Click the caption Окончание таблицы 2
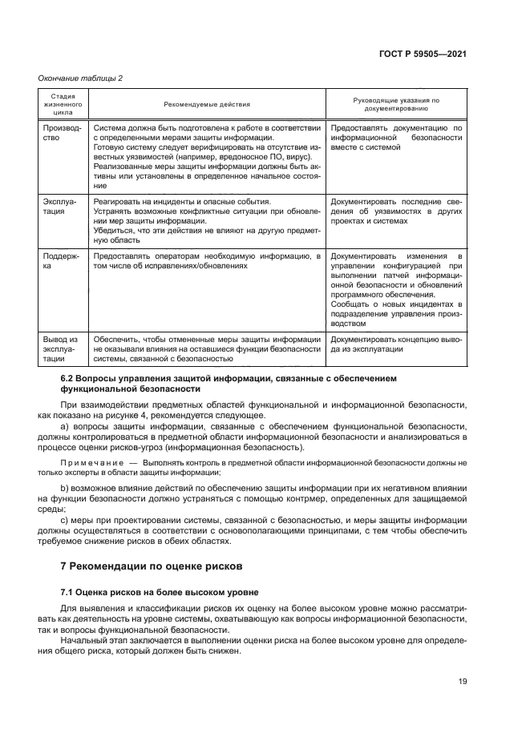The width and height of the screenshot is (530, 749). (x=81, y=78)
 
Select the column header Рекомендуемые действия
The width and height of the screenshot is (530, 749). (x=206, y=104)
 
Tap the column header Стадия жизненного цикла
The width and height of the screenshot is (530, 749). (x=62, y=104)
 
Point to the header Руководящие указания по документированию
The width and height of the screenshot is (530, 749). (x=396, y=104)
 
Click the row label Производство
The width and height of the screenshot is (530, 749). (x=59, y=132)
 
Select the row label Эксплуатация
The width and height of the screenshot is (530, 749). (x=59, y=207)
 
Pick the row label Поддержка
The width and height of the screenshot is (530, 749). (x=59, y=260)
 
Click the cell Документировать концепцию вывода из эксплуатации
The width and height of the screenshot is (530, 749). (x=396, y=344)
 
